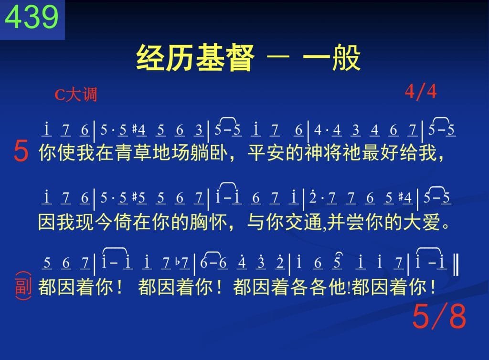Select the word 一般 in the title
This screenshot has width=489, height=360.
pos(331,58)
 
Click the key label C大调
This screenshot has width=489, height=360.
pos(76,94)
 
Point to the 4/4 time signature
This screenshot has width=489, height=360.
pos(421,92)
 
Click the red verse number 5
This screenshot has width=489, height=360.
pos(21,151)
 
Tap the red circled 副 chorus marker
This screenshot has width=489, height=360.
pos(23,286)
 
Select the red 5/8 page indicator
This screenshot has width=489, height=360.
pos(439,316)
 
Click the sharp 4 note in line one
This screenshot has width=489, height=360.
pos(139,130)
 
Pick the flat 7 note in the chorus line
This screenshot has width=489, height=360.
pos(183,263)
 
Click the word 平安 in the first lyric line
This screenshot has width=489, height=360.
pos(266,153)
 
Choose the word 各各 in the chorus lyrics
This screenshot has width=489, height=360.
pos(309,286)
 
